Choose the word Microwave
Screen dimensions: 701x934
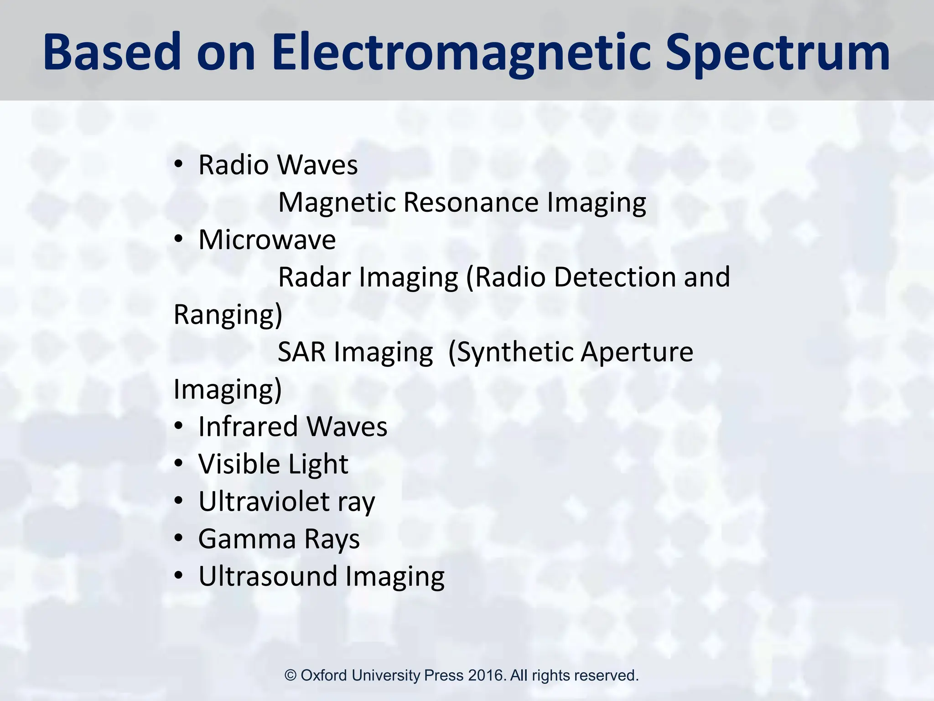click(x=267, y=240)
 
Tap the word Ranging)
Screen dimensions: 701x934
click(x=228, y=315)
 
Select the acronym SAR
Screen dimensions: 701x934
click(x=301, y=352)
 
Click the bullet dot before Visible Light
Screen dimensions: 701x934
click(x=178, y=464)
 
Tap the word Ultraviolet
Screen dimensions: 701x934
click(x=264, y=502)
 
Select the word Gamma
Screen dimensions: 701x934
click(x=247, y=539)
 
